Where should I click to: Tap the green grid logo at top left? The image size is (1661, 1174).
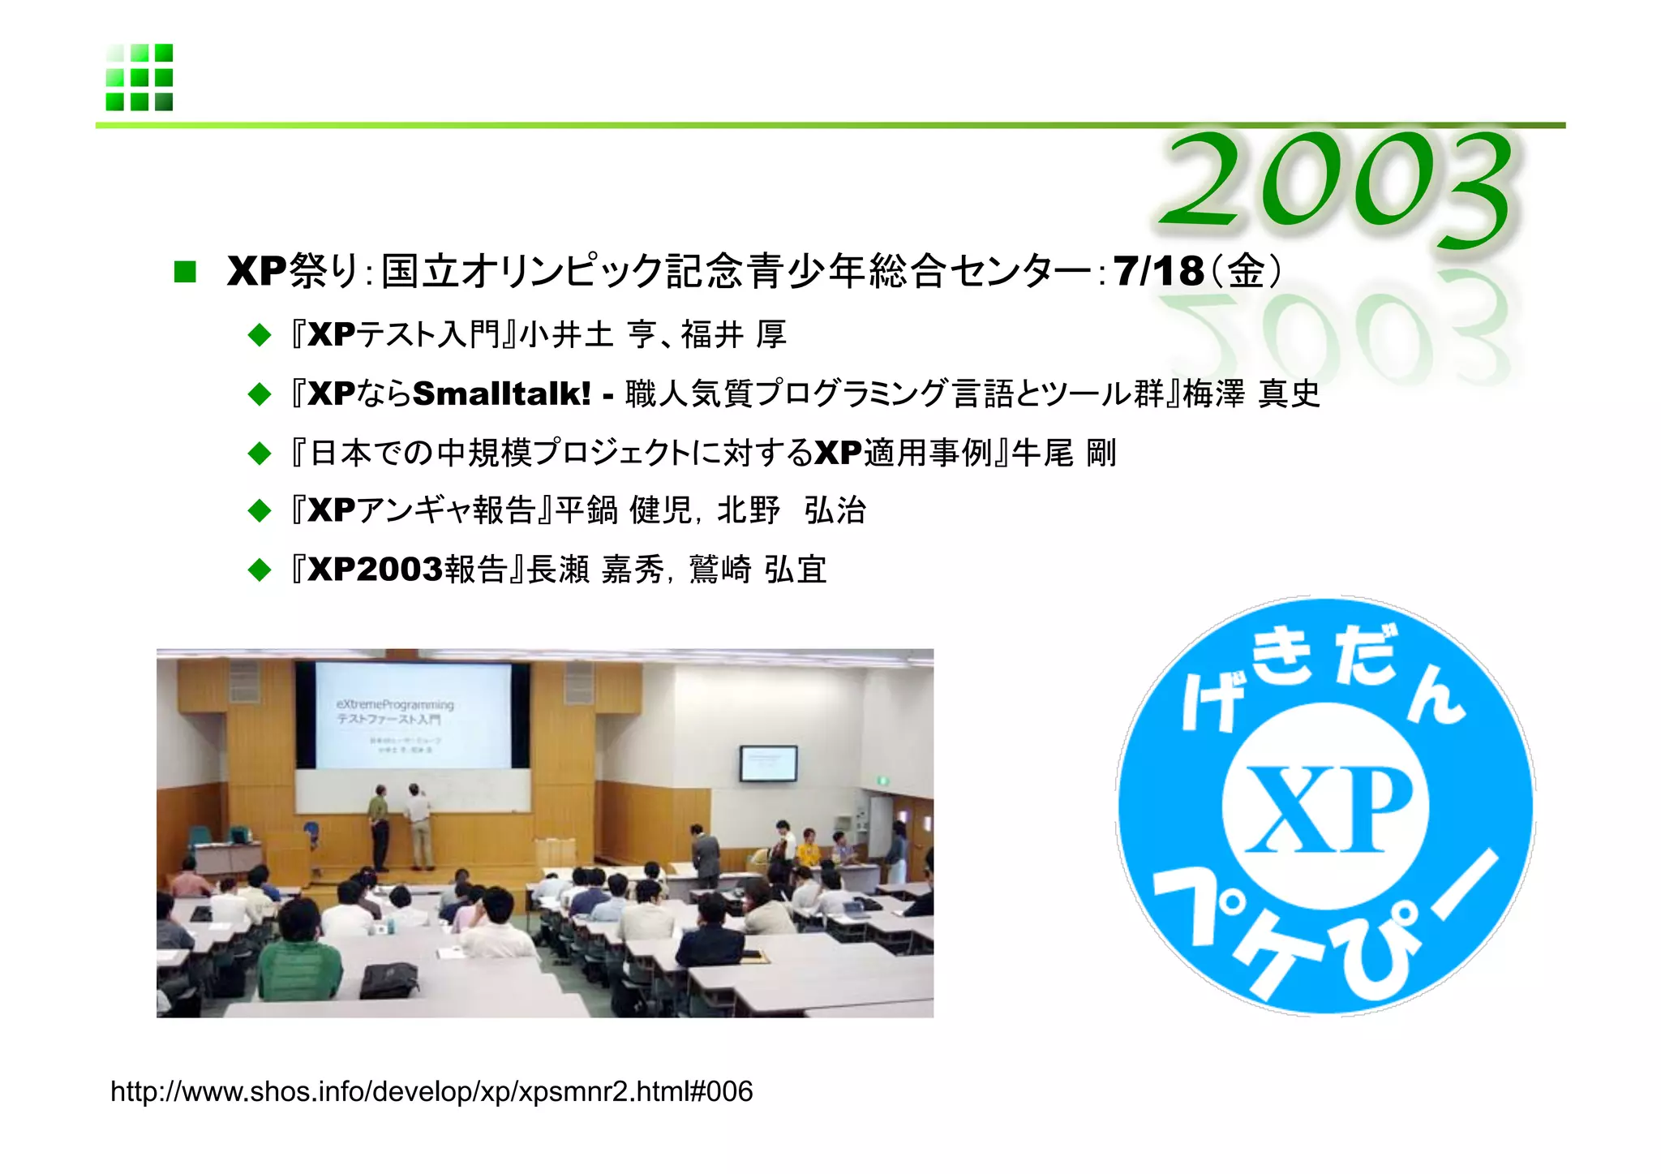tap(139, 77)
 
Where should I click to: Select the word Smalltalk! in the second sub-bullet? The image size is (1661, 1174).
tap(501, 393)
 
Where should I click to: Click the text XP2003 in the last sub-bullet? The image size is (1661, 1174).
tap(376, 570)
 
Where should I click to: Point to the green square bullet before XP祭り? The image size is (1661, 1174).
tap(185, 272)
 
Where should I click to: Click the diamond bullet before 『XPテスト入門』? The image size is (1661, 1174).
tap(260, 335)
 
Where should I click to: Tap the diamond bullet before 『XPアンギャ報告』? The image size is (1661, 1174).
tap(260, 511)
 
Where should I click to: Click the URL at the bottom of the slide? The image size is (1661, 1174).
tap(431, 1091)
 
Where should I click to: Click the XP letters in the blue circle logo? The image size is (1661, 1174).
tap(1328, 810)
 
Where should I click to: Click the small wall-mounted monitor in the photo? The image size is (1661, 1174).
tap(767, 763)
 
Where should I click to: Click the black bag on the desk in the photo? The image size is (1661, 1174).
tap(389, 980)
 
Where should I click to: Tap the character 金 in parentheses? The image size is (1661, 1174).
tap(1246, 271)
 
